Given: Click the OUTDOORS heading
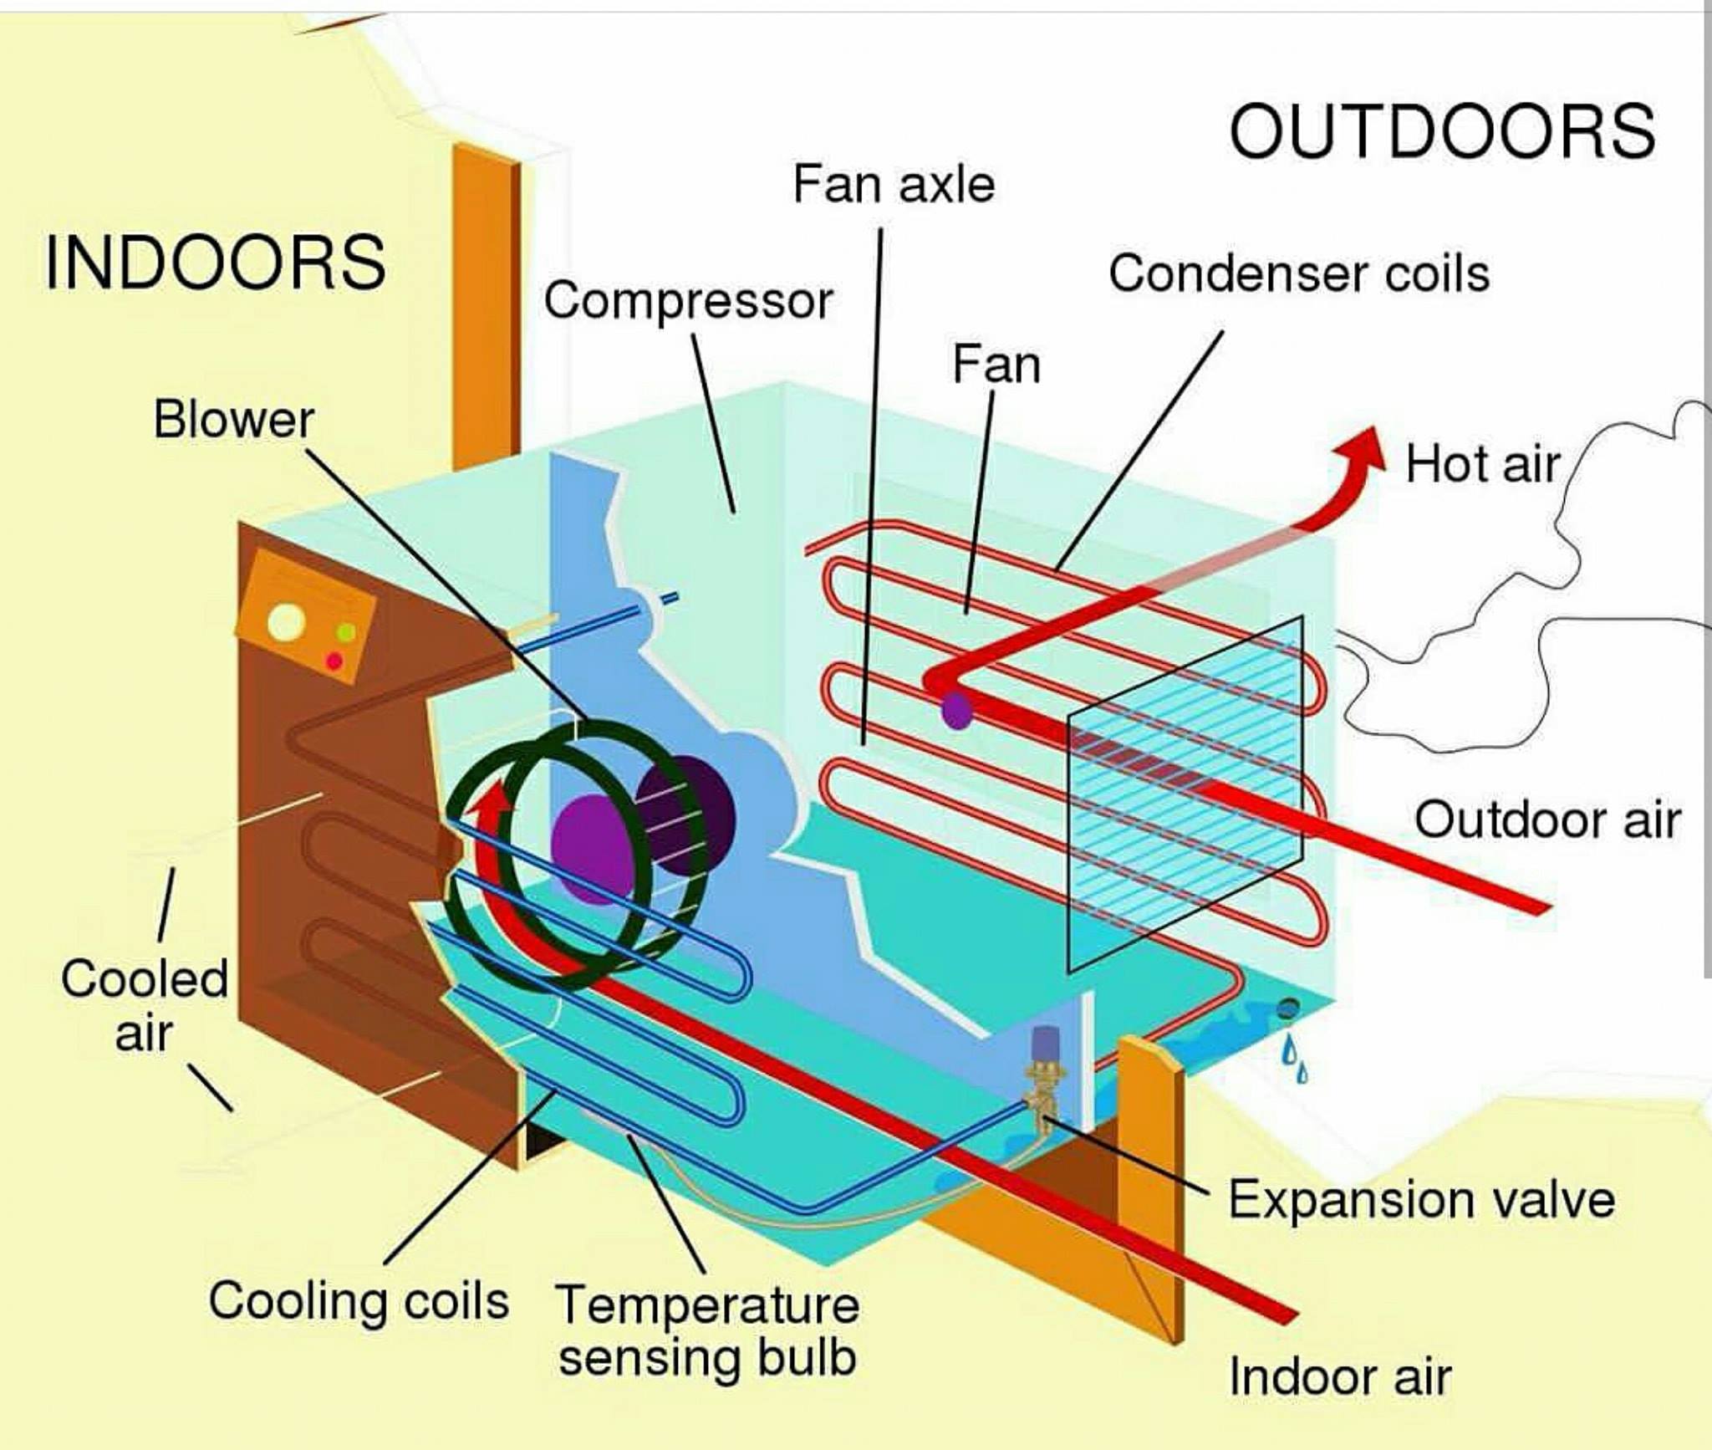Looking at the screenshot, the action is point(1442,131).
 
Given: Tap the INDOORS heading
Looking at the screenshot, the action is point(216,263).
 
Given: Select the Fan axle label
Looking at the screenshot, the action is point(894,184).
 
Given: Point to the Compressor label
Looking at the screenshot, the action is point(688,301).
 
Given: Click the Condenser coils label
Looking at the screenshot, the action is point(1299,273).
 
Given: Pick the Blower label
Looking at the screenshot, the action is point(234,419).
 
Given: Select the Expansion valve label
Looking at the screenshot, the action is point(1421,1200).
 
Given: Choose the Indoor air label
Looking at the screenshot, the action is point(1340,1376).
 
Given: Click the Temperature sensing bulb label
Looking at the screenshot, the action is point(707,1330).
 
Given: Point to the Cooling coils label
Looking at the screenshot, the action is point(359,1302).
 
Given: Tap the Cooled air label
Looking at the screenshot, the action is point(144,1005).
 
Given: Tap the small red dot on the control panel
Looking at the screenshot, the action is point(334,661).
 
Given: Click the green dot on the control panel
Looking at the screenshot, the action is point(346,633).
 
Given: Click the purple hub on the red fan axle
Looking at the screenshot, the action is point(956,710).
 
